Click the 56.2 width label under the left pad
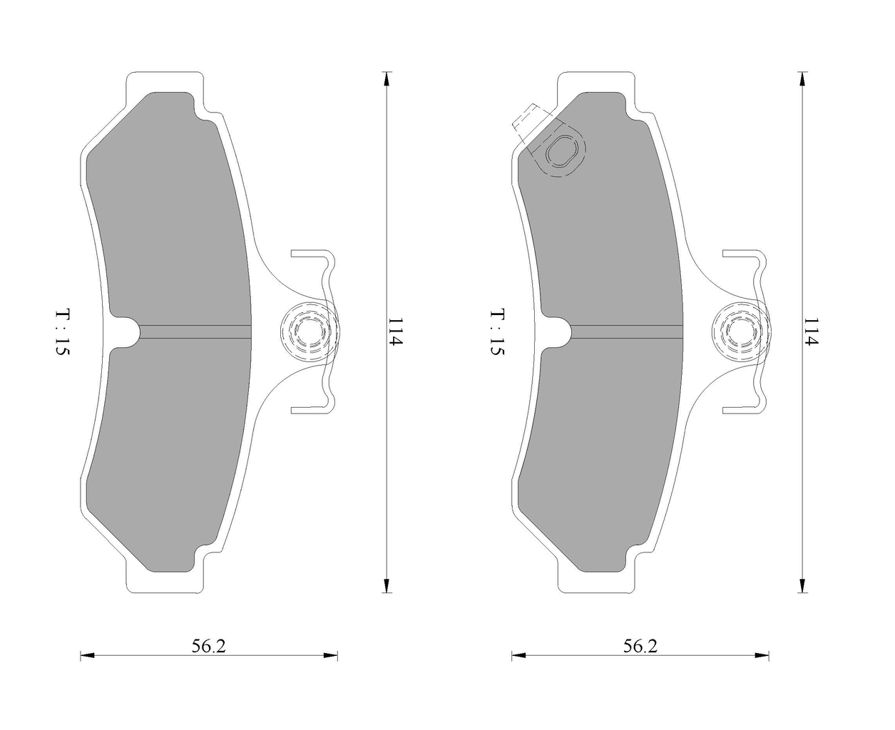[208, 646]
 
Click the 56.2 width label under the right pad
[640, 646]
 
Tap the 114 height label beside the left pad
[395, 331]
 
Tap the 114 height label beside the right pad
[811, 331]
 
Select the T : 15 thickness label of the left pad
[63, 332]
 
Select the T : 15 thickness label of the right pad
[497, 332]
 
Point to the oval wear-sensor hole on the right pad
[561, 151]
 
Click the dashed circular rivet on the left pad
[310, 332]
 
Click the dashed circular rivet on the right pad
[742, 332]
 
